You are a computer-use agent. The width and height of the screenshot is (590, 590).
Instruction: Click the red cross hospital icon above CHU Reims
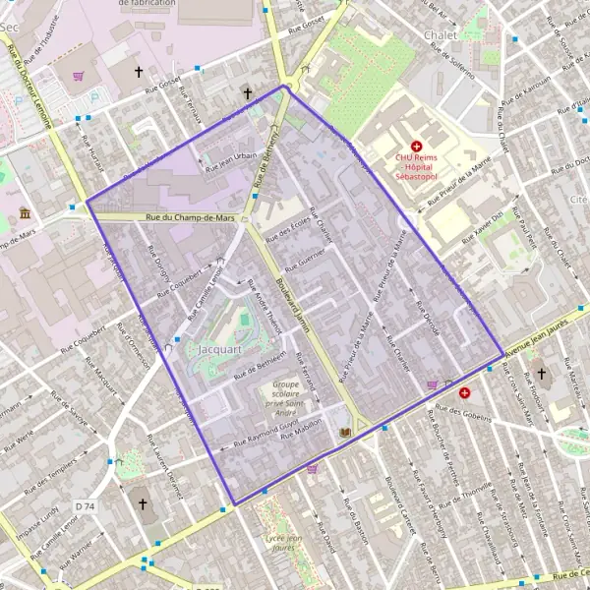click(x=416, y=145)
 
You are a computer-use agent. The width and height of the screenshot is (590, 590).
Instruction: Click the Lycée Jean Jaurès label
click(x=281, y=543)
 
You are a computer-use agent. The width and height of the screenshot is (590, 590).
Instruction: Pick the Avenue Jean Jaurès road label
click(x=537, y=344)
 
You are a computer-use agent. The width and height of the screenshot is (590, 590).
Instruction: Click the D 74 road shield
click(x=86, y=505)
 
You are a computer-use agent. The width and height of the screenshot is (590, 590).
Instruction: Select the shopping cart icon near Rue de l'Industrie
click(x=78, y=75)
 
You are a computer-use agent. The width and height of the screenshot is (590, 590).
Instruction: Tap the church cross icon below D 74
click(x=142, y=504)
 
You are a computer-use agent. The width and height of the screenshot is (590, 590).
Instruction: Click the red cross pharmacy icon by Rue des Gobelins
click(x=464, y=391)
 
